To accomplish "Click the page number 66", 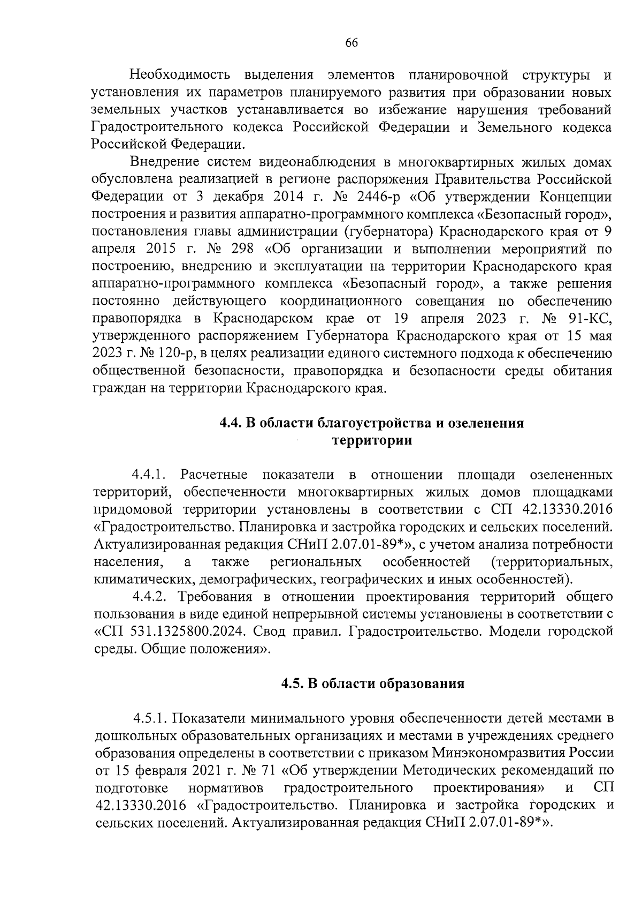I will (x=351, y=44).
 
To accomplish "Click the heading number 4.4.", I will (x=231, y=423).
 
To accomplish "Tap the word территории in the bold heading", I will (x=372, y=440).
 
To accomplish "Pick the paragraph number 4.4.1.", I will (x=150, y=475).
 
